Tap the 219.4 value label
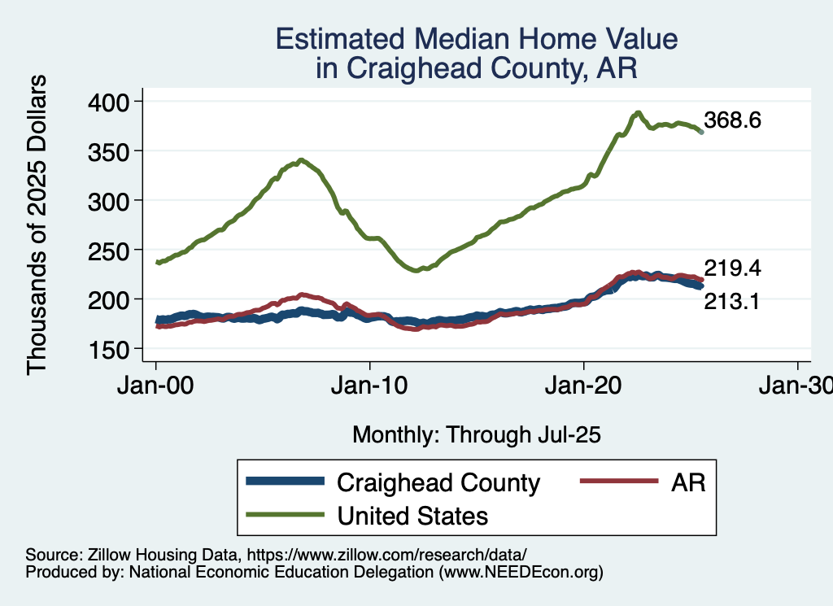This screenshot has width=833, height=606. click(732, 268)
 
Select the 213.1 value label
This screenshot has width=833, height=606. click(732, 303)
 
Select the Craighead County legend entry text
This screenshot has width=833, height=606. click(438, 482)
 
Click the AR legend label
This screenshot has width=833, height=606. click(688, 482)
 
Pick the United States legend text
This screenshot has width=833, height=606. click(412, 515)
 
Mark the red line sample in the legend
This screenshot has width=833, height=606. click(617, 482)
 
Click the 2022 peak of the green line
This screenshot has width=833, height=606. click(639, 112)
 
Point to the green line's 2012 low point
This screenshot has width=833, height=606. click(416, 270)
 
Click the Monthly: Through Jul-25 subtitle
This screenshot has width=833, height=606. click(476, 435)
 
